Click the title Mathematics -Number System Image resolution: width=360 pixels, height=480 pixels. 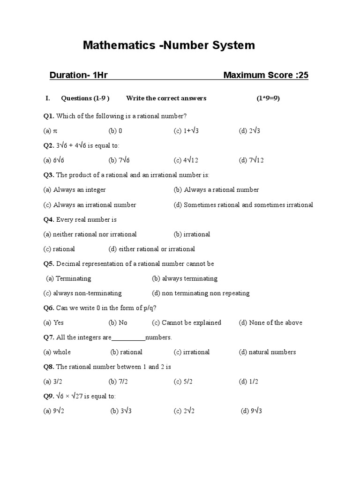(169, 45)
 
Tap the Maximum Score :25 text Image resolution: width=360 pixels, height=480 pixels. (266, 75)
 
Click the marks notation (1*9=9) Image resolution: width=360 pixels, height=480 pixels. (268, 98)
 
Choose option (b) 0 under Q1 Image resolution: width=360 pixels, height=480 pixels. (115, 131)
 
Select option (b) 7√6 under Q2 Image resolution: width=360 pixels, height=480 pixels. (119, 160)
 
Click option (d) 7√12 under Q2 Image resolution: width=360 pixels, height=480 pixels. (251, 160)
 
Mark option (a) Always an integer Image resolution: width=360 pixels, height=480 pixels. (75, 190)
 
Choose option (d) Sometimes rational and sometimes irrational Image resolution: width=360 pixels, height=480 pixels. (243, 205)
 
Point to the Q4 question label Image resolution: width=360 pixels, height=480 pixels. (49, 219)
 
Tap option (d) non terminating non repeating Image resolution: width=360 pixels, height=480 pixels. (201, 293)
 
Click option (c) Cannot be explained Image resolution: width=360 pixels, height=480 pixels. (187, 322)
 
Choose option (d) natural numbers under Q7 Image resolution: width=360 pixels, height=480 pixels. (267, 352)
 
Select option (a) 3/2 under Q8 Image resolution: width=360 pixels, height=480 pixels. (52, 382)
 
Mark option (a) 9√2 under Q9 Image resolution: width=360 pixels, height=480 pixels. (53, 411)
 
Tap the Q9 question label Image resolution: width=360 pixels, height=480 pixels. (49, 396)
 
